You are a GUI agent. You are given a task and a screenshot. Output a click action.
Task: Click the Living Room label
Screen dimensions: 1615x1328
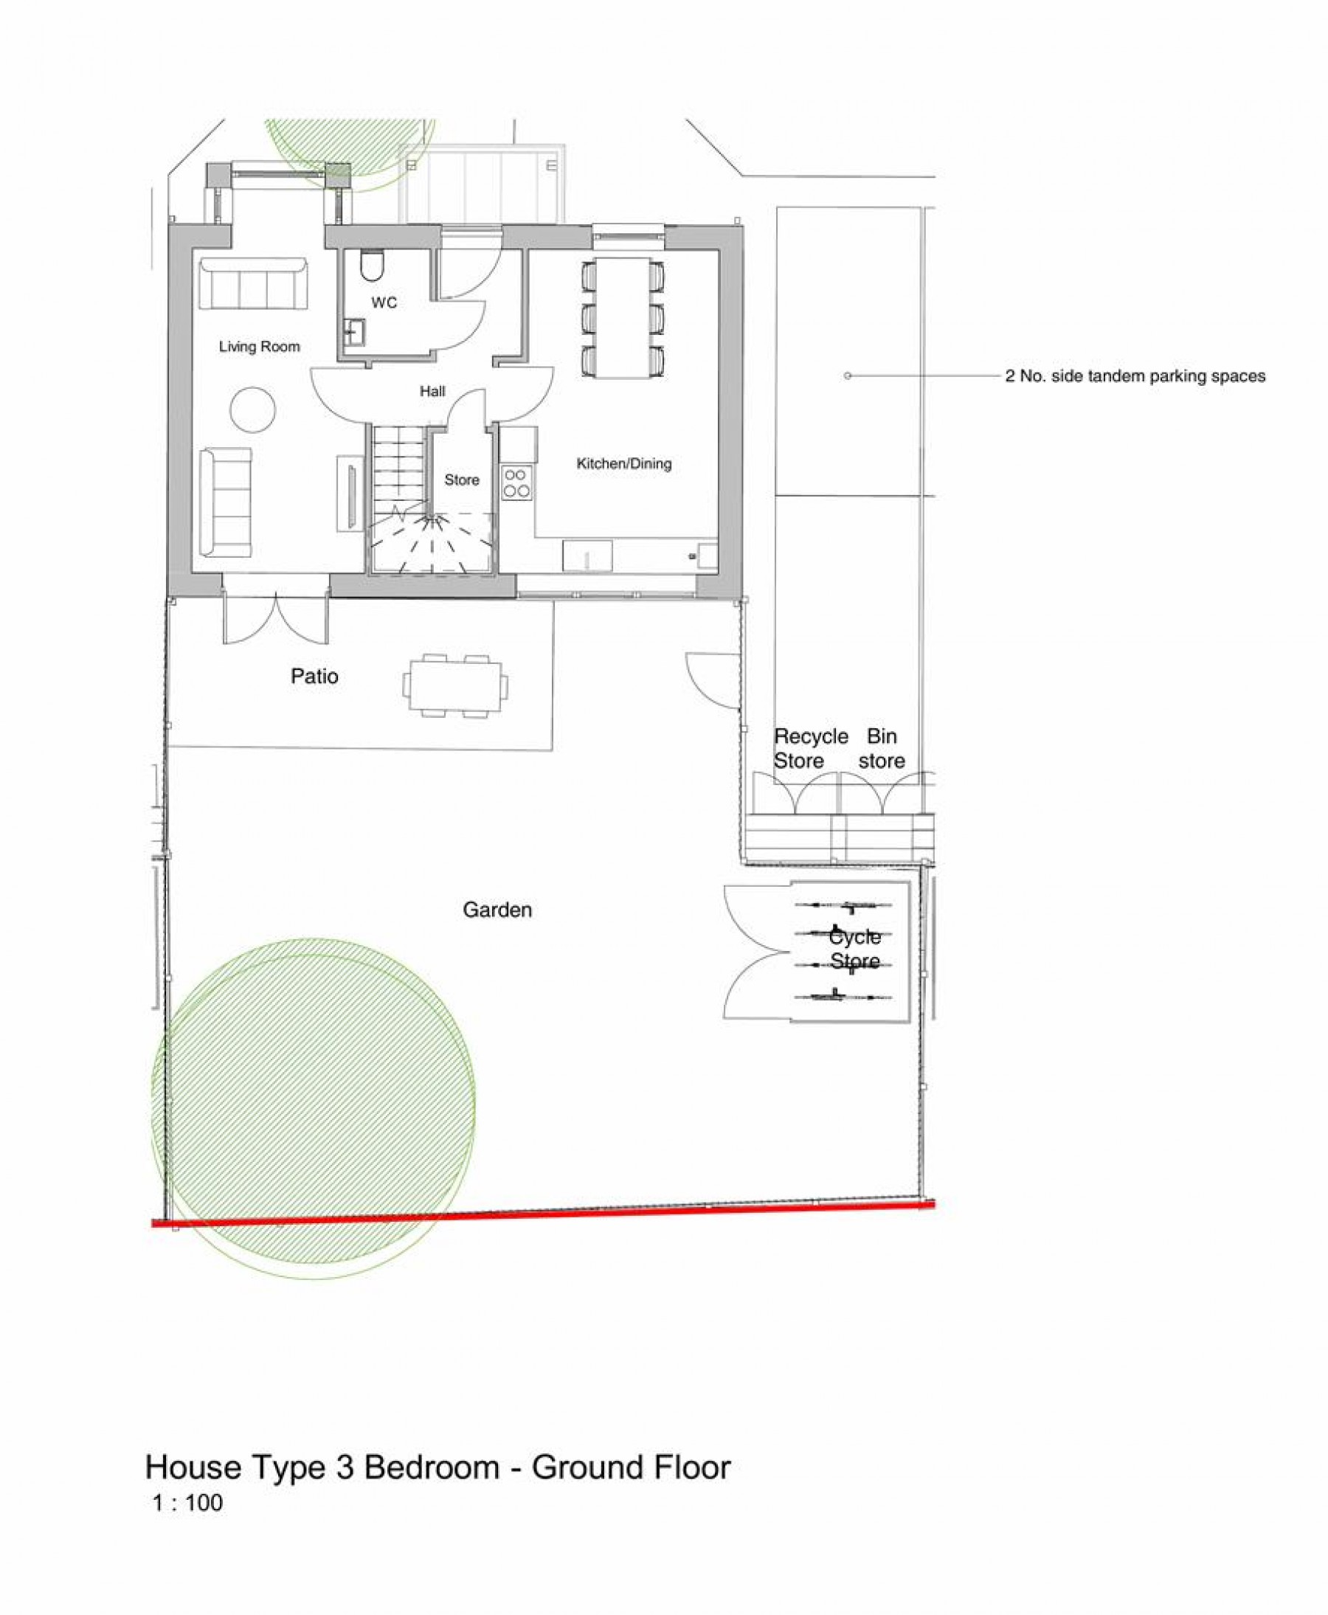pos(259,347)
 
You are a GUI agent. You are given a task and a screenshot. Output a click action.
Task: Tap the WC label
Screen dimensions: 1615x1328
pos(384,303)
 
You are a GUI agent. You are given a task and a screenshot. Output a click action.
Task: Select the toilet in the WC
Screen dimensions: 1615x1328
pos(372,266)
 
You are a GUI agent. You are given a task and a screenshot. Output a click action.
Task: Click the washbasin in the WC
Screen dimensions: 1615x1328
pos(355,332)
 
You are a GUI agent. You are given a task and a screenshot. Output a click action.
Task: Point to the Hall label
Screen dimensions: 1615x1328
pos(432,392)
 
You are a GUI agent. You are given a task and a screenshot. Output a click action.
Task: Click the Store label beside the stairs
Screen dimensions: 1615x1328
pos(462,480)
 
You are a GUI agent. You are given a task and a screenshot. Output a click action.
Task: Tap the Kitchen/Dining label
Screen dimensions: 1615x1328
pos(623,463)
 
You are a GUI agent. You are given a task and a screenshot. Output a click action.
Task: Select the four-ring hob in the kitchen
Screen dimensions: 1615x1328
pos(516,483)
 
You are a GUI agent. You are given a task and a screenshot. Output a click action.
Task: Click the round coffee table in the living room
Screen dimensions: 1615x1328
pos(253,410)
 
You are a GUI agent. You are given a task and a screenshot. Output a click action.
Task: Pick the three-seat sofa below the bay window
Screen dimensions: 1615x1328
pos(254,283)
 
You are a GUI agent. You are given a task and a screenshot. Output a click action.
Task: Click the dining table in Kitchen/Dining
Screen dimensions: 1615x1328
pos(623,317)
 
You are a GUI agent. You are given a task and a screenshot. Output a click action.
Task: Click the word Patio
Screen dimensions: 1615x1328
pos(314,677)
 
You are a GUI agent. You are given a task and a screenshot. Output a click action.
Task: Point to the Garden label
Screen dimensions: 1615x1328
pos(497,910)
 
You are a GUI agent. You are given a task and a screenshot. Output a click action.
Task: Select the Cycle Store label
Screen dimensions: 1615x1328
pos(854,949)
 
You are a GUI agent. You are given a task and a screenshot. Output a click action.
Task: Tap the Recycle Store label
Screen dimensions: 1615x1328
pos(810,748)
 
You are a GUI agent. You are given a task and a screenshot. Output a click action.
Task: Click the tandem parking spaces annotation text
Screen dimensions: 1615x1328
pos(1135,376)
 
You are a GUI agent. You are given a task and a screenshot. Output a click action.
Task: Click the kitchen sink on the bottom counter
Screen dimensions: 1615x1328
pos(587,556)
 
